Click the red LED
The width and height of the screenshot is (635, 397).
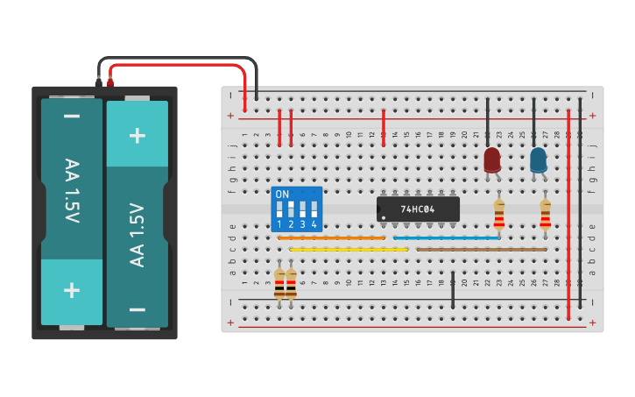click(492, 160)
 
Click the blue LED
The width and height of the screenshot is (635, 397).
click(538, 160)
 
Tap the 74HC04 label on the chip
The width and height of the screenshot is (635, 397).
click(418, 209)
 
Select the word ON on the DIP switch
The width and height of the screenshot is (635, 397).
click(282, 195)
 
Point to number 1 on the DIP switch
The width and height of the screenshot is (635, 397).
click(279, 225)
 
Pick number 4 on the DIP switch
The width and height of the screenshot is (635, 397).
click(314, 225)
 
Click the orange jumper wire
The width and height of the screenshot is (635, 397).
click(331, 237)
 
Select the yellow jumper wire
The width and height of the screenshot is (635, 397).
click(349, 249)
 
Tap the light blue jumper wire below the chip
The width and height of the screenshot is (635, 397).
click(447, 237)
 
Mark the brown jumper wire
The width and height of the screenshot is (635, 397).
click(481, 249)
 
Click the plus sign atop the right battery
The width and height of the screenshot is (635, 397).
click(138, 135)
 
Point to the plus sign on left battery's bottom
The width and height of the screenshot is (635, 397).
click(72, 289)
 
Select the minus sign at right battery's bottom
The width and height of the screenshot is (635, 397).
click(138, 309)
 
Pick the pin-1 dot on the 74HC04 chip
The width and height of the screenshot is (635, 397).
click(385, 217)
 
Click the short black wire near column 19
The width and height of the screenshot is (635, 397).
click(453, 290)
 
